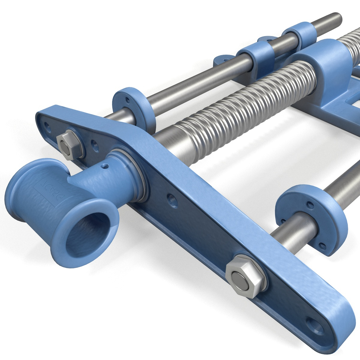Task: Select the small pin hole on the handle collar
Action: (105, 166)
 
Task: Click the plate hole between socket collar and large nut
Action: (172, 201)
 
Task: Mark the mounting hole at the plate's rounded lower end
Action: (315, 326)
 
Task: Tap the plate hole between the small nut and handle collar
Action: (95, 146)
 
